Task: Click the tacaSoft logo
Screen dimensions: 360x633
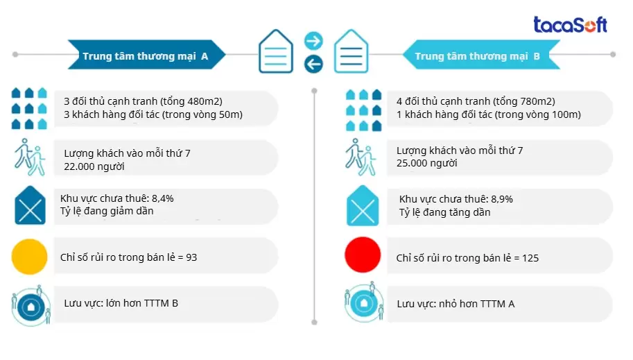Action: tap(570, 25)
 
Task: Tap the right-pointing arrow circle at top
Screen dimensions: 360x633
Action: tap(313, 40)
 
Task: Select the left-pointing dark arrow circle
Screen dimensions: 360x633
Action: tap(313, 65)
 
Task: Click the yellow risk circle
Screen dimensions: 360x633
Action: tap(29, 257)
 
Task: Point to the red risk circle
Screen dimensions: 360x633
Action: tap(363, 257)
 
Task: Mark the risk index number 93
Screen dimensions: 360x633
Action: tap(191, 257)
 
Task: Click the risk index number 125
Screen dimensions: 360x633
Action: tap(529, 258)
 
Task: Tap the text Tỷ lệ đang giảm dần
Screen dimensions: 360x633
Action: tap(107, 211)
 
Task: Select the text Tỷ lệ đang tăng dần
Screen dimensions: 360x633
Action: tap(444, 212)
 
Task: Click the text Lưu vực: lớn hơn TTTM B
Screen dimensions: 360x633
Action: tap(121, 303)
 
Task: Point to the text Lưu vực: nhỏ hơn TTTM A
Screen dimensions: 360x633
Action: tap(456, 304)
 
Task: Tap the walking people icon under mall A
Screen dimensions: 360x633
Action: tap(29, 157)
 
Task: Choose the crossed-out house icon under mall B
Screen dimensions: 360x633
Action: tap(363, 206)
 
